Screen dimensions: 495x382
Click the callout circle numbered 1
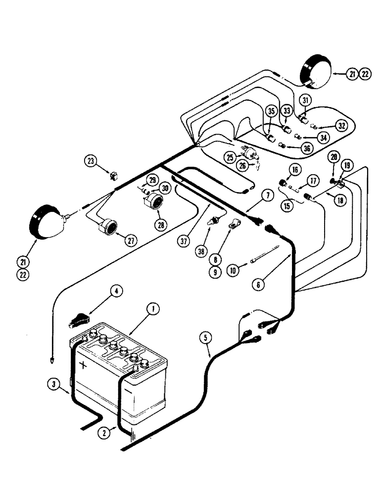[x=153, y=310]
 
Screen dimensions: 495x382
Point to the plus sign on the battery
[x=83, y=365]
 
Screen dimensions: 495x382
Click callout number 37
[x=184, y=241]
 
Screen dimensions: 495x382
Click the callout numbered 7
[x=267, y=195]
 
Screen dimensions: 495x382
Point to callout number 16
[x=295, y=170]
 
